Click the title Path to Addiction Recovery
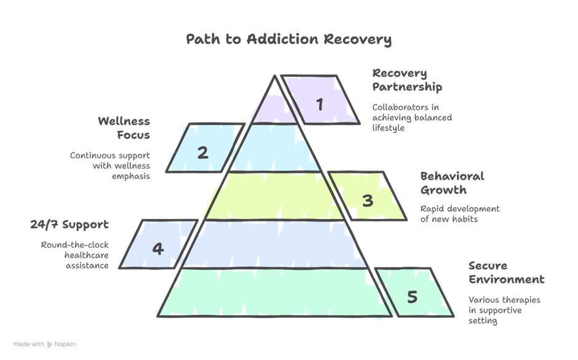click(288, 40)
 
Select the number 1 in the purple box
click(319, 104)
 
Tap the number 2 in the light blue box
click(202, 152)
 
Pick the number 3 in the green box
click(367, 200)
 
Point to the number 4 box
click(158, 249)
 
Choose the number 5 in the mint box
click(412, 297)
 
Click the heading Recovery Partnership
click(407, 80)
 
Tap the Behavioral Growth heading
click(452, 183)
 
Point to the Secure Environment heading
click(506, 273)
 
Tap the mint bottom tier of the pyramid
click(275, 292)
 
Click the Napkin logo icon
click(50, 345)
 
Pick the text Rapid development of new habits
click(460, 214)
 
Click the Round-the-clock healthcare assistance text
click(75, 255)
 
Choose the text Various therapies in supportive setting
click(500, 310)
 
